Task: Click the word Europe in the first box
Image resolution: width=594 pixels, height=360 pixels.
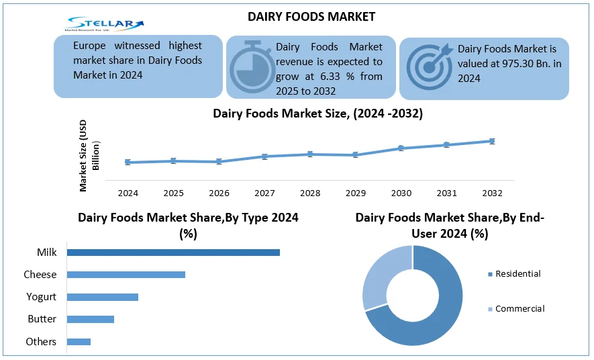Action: pyautogui.click(x=91, y=46)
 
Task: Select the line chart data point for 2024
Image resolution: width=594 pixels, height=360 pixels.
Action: pyautogui.click(x=128, y=162)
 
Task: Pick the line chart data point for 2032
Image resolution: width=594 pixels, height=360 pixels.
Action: pyautogui.click(x=492, y=141)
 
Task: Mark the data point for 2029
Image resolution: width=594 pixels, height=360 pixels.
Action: pyautogui.click(x=355, y=155)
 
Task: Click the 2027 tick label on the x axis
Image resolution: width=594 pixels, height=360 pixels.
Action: pyautogui.click(x=264, y=193)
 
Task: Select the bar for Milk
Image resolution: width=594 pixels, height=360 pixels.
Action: pyautogui.click(x=173, y=253)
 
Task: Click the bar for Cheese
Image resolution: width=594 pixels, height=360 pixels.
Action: pyautogui.click(x=126, y=275)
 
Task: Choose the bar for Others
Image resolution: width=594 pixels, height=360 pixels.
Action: pyautogui.click(x=79, y=342)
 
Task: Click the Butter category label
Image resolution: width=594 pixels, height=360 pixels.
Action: pyautogui.click(x=42, y=319)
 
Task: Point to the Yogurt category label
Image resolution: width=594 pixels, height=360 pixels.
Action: pyautogui.click(x=41, y=297)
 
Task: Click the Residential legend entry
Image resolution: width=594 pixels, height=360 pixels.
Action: pyautogui.click(x=517, y=274)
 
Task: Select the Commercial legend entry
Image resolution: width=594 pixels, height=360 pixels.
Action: pyautogui.click(x=519, y=309)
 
